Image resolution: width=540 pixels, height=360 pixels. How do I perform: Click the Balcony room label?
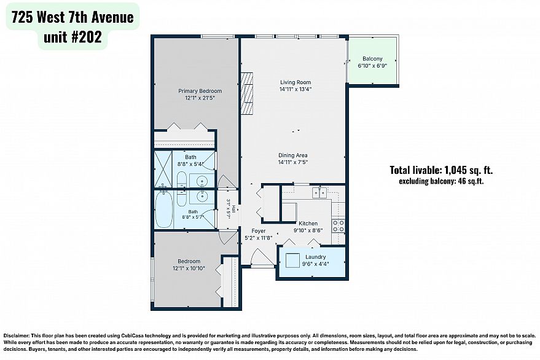pyautogui.click(x=372, y=59)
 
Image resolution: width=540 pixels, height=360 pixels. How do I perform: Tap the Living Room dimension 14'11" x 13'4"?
pyautogui.click(x=295, y=89)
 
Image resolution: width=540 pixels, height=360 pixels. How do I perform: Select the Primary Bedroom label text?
pyautogui.click(x=200, y=91)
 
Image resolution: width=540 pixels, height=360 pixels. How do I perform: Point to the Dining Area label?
pyautogui.click(x=292, y=155)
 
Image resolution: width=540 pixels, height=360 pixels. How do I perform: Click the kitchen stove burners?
pyautogui.click(x=338, y=226)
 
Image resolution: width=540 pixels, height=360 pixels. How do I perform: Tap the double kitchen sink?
pyautogui.click(x=319, y=192)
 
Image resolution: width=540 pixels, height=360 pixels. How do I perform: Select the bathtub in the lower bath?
pyautogui.click(x=163, y=210)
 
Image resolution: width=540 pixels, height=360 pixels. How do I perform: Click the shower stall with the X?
pyautogui.click(x=163, y=169)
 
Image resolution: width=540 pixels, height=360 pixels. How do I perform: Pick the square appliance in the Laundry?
pyautogui.click(x=292, y=260)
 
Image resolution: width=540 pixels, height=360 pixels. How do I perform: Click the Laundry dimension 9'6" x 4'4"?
pyautogui.click(x=315, y=264)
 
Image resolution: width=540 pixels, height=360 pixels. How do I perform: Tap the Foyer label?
pyautogui.click(x=258, y=231)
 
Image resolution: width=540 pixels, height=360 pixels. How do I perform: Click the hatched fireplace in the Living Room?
pyautogui.click(x=246, y=93)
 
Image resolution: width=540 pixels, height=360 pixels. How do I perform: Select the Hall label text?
pyautogui.click(x=234, y=209)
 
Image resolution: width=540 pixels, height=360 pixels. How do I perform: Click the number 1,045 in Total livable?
pyautogui.click(x=456, y=170)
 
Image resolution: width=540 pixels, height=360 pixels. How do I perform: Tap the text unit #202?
pyautogui.click(x=72, y=37)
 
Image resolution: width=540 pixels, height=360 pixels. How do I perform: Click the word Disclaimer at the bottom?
pyautogui.click(x=16, y=335)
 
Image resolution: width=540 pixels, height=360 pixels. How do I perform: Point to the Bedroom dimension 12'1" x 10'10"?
pyautogui.click(x=189, y=268)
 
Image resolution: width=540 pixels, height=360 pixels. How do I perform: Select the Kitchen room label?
pyautogui.click(x=308, y=224)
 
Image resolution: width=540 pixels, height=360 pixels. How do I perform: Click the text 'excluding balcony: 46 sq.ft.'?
pyautogui.click(x=441, y=181)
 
